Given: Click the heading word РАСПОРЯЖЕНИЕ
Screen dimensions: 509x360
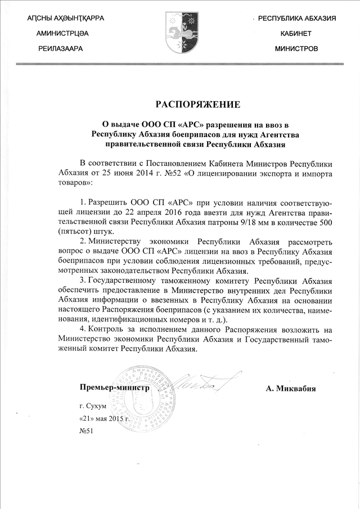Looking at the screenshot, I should pyautogui.click(x=197, y=104).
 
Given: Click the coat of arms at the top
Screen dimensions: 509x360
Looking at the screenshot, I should pyautogui.click(x=181, y=33).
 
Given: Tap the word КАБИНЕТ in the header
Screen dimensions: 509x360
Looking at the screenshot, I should pyautogui.click(x=296, y=34).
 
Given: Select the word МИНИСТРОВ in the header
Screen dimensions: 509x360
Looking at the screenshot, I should pyautogui.click(x=296, y=49).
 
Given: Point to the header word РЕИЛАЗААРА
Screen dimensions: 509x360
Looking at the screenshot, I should pyautogui.click(x=60, y=49).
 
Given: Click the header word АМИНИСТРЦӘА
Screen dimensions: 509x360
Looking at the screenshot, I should pyautogui.click(x=62, y=34).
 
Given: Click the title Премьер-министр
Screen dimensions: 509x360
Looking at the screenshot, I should pyautogui.click(x=114, y=388).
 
